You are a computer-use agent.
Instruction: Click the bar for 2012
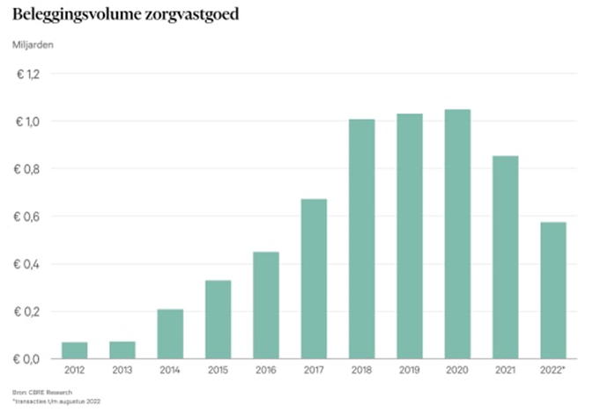(x=74, y=350)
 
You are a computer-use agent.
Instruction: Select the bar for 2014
(x=170, y=335)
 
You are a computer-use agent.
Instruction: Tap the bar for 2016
(x=265, y=305)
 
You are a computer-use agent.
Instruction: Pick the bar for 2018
(x=361, y=239)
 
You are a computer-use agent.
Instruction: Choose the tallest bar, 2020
(x=456, y=234)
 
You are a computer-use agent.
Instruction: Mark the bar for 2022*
(x=552, y=291)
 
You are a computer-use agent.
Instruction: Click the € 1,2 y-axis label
(x=28, y=74)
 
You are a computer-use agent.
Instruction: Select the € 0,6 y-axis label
(x=28, y=217)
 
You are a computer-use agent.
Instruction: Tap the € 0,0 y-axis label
(x=28, y=359)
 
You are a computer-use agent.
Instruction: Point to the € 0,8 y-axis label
(x=28, y=169)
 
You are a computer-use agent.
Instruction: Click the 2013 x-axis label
(x=122, y=370)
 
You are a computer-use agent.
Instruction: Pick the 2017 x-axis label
(x=314, y=370)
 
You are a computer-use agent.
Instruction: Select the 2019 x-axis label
(x=409, y=370)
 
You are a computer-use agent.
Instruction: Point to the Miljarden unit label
(x=31, y=44)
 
